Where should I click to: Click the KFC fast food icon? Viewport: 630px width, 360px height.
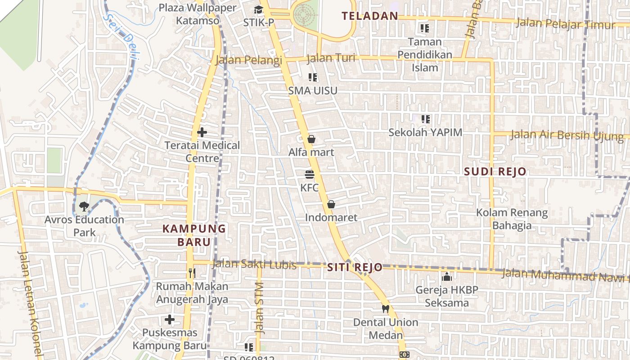click(309, 175)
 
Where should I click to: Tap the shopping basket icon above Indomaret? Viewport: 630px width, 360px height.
click(331, 204)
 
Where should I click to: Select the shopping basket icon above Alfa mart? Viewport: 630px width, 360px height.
click(311, 139)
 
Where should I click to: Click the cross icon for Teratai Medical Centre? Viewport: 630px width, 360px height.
click(202, 132)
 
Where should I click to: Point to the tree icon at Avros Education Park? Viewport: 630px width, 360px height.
click(84, 207)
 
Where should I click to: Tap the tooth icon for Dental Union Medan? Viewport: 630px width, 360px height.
click(385, 309)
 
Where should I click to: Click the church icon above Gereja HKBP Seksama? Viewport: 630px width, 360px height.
click(446, 276)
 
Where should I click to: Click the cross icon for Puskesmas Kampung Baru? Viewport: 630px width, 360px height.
click(170, 319)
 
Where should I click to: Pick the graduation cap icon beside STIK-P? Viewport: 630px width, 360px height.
click(258, 10)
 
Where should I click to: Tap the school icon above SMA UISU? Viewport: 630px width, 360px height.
click(313, 77)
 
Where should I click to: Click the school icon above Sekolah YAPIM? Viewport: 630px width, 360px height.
click(426, 119)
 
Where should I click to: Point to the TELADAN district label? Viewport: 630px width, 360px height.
click(370, 16)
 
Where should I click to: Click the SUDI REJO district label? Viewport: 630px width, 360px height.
click(495, 171)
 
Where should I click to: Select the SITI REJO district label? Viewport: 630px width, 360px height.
click(355, 267)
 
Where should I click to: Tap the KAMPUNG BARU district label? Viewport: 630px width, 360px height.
click(194, 235)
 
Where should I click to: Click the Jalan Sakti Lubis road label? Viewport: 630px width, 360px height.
click(254, 265)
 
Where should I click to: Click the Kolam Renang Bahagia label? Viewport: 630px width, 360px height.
click(512, 219)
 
